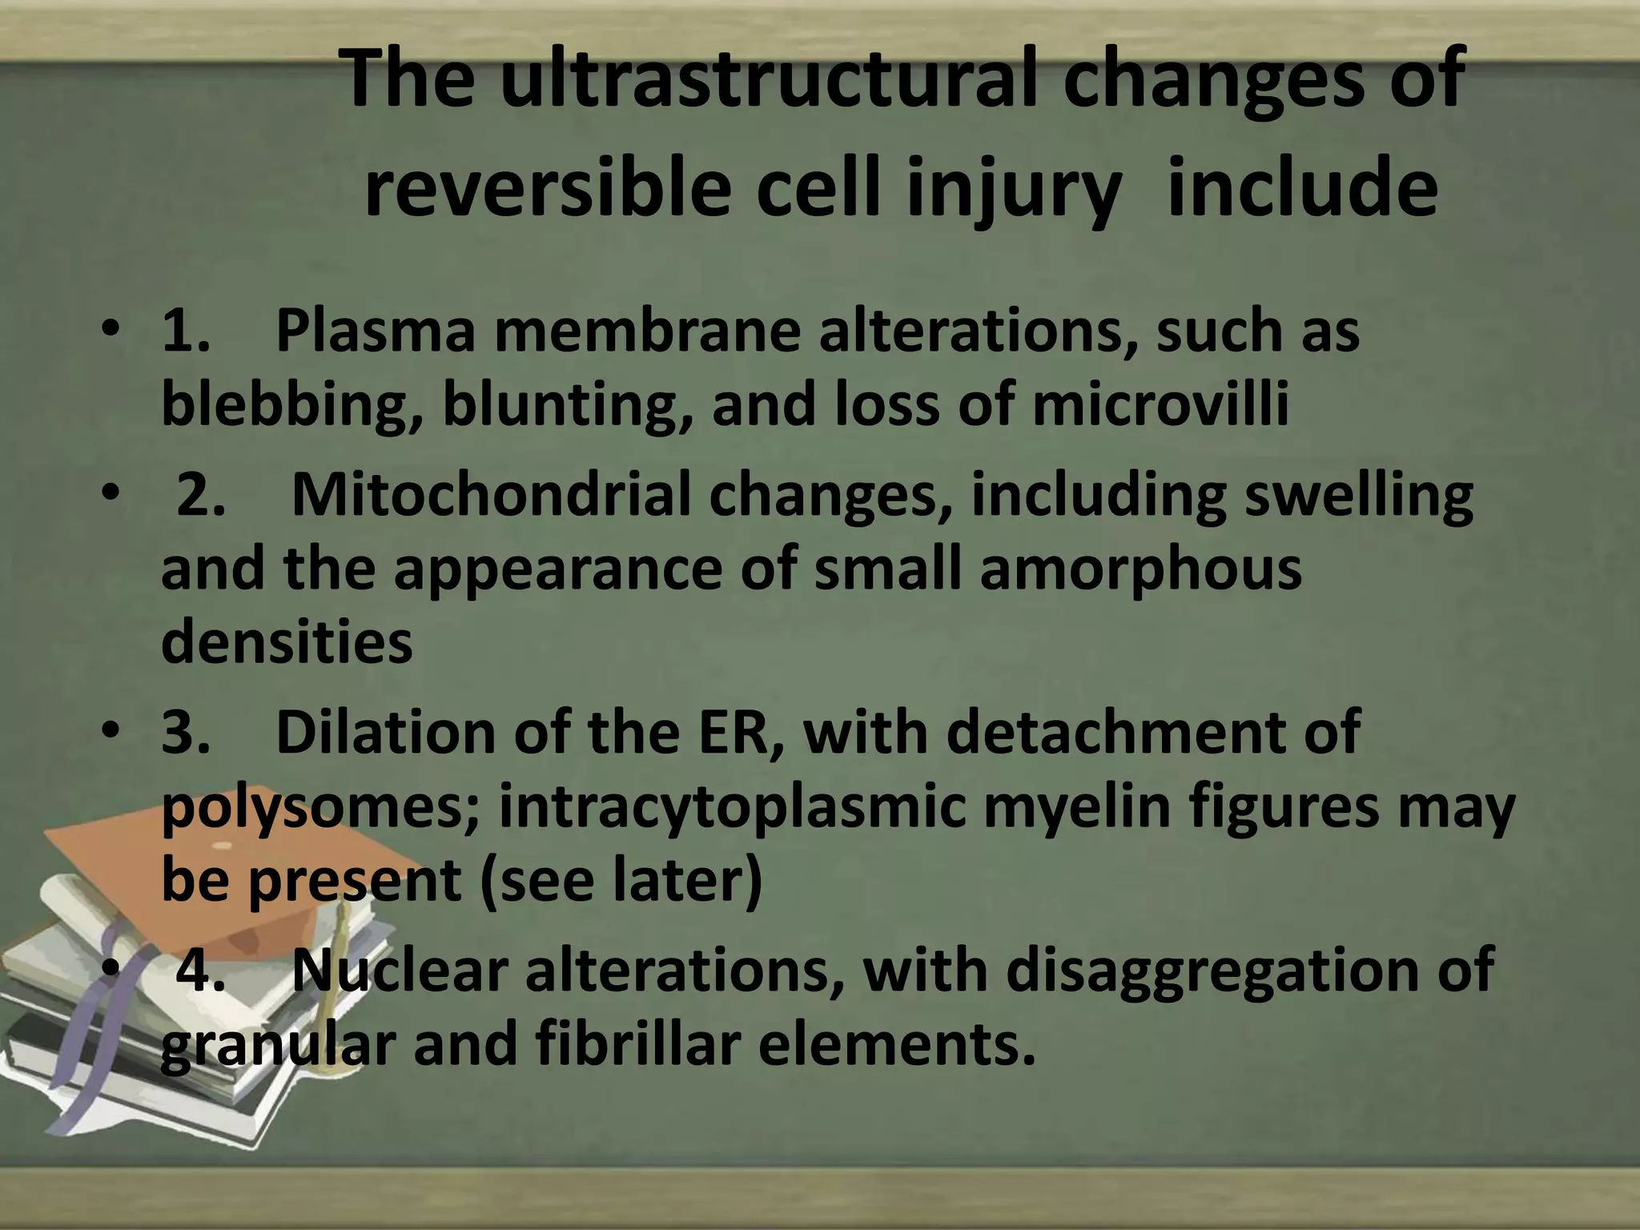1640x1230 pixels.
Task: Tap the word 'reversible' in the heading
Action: (548, 188)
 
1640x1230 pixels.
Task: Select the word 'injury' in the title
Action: (1012, 190)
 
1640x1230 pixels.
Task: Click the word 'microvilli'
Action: (1160, 404)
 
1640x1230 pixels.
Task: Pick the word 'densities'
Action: (287, 642)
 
